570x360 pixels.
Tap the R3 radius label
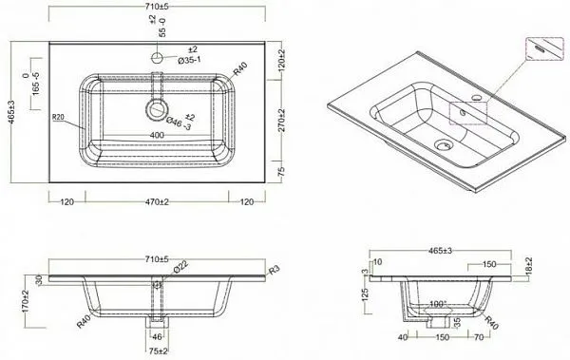tap(273, 271)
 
